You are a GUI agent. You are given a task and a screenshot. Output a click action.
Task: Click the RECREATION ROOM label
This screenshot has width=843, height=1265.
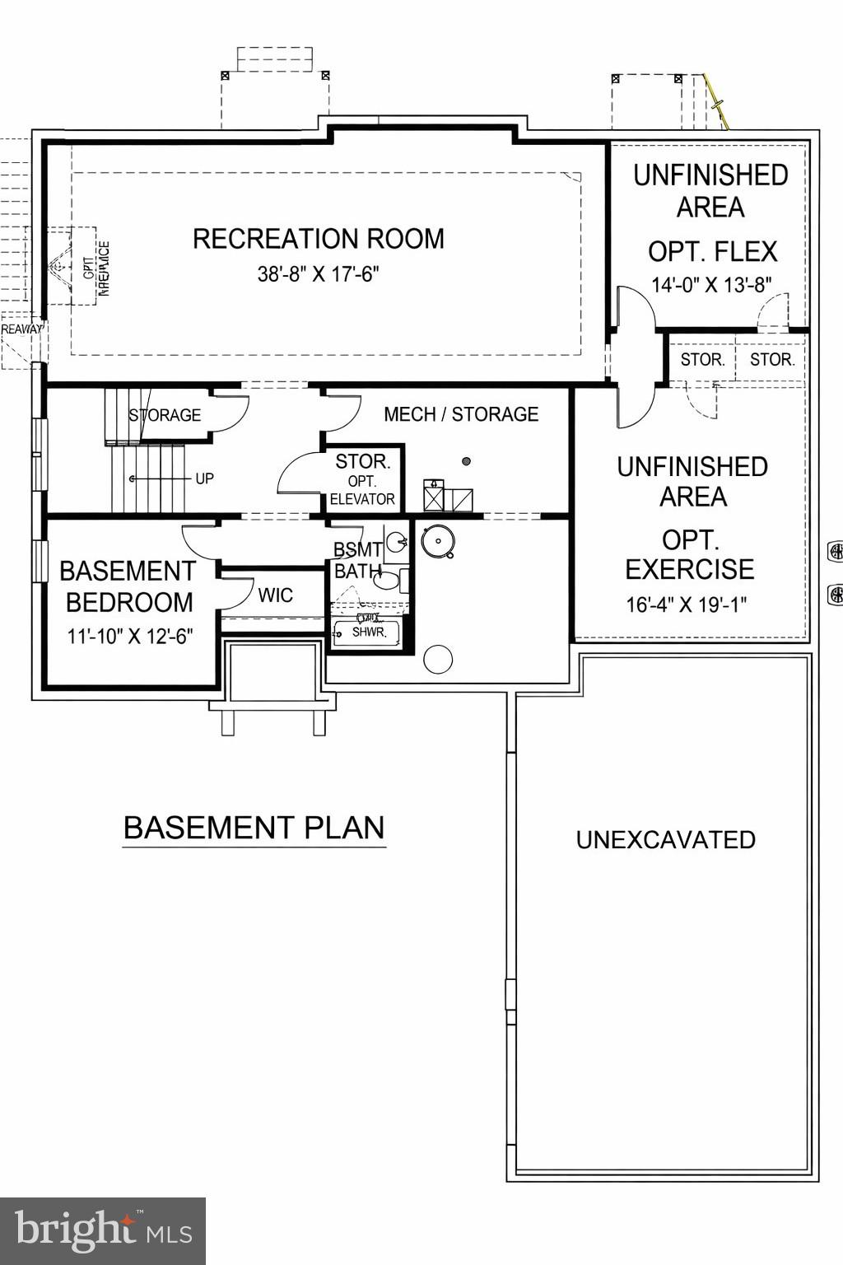tap(319, 239)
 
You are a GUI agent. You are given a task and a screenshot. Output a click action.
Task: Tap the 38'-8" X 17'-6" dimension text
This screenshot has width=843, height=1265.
tap(318, 274)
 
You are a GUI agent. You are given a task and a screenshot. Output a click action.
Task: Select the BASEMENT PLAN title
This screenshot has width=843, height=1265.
tap(254, 828)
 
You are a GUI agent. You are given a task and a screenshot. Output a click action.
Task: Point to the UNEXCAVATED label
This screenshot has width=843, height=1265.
tap(665, 840)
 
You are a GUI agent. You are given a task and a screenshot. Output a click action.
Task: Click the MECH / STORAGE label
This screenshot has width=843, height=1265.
tap(461, 414)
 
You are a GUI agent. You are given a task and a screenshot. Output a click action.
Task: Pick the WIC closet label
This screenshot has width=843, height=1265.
tap(275, 595)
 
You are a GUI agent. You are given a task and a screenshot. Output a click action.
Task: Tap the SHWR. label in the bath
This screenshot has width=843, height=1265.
tap(369, 632)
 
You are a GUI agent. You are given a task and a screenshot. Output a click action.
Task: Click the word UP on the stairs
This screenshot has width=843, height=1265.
tap(204, 478)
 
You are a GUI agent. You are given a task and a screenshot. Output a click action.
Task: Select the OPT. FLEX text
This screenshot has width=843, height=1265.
tap(712, 251)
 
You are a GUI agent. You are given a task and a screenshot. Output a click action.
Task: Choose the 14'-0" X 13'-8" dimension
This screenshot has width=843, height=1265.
tap(711, 285)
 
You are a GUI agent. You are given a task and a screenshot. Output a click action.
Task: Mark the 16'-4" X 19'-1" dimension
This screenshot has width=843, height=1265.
tap(686, 604)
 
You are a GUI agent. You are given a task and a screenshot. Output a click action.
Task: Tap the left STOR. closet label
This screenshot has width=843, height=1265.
tap(702, 360)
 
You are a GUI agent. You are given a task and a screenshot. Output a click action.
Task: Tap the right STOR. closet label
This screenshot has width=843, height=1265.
tap(771, 360)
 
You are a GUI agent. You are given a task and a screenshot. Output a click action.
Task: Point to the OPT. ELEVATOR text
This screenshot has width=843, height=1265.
tap(362, 490)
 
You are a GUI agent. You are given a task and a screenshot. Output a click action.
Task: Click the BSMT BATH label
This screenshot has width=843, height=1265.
tap(357, 560)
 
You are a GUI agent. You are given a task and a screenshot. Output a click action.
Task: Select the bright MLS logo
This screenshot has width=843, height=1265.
tap(103, 1231)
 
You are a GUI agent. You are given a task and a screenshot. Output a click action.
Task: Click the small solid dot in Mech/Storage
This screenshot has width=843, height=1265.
tap(466, 461)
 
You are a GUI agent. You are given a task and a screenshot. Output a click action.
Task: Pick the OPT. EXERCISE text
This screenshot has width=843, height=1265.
tap(690, 554)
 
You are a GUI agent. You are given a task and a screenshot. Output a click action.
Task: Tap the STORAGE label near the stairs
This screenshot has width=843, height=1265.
tap(165, 415)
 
